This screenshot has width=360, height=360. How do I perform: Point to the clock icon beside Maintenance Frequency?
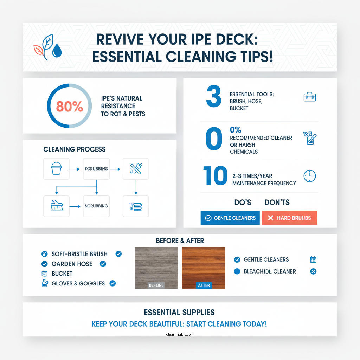309,176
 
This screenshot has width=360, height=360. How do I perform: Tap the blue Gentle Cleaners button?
230,218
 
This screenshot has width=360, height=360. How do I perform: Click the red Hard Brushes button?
289,218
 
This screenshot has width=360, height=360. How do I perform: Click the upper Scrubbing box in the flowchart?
96,168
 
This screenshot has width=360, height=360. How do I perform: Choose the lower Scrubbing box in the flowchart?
96,206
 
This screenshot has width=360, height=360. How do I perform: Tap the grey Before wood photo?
156,268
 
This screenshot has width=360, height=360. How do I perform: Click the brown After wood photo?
203,268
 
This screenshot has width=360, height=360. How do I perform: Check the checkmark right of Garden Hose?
103,264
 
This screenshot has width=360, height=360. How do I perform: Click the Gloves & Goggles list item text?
78,283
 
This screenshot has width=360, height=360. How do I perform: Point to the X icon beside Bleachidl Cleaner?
313,271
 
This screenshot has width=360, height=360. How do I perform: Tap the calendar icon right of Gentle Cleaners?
313,259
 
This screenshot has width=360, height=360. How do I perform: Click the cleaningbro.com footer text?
180,334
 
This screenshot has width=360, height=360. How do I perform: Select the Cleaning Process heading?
75,149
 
